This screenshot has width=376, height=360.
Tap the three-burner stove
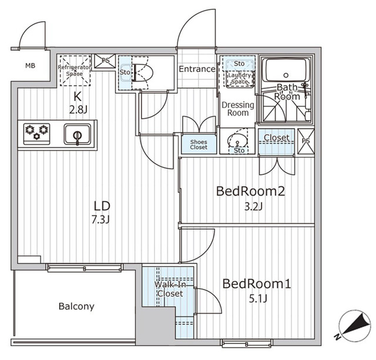37,132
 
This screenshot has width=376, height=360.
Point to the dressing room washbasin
237,141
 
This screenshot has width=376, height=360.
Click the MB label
29,65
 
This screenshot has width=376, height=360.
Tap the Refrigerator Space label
75,71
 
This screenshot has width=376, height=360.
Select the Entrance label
196,69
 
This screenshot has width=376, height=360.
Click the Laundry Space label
239,78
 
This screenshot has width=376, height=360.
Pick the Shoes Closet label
198,144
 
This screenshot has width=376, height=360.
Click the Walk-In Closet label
169,289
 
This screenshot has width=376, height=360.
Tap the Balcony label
76,307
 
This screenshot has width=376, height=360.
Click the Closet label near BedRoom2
276,138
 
